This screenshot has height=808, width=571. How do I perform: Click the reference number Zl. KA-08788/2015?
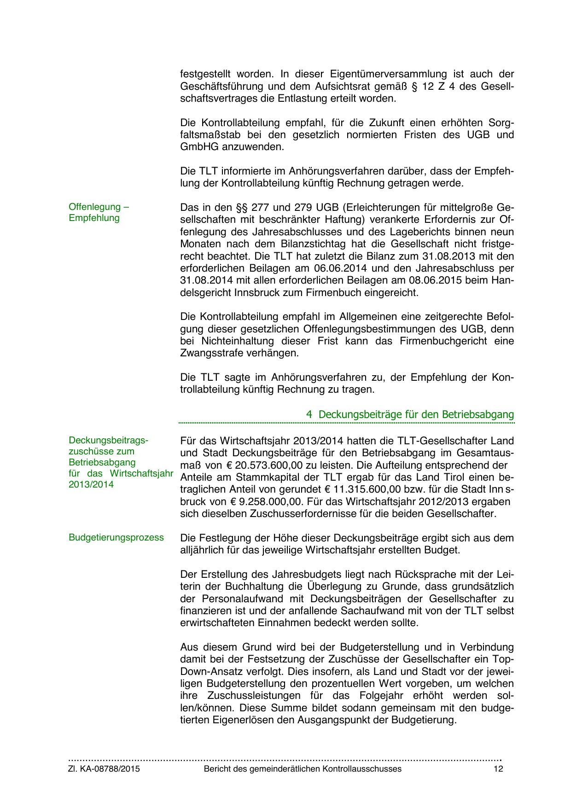pyautogui.click(x=104, y=769)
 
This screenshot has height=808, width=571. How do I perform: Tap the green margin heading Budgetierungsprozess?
pyautogui.click(x=116, y=538)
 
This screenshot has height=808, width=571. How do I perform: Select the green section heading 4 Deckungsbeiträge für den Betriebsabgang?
pyautogui.click(x=410, y=414)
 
